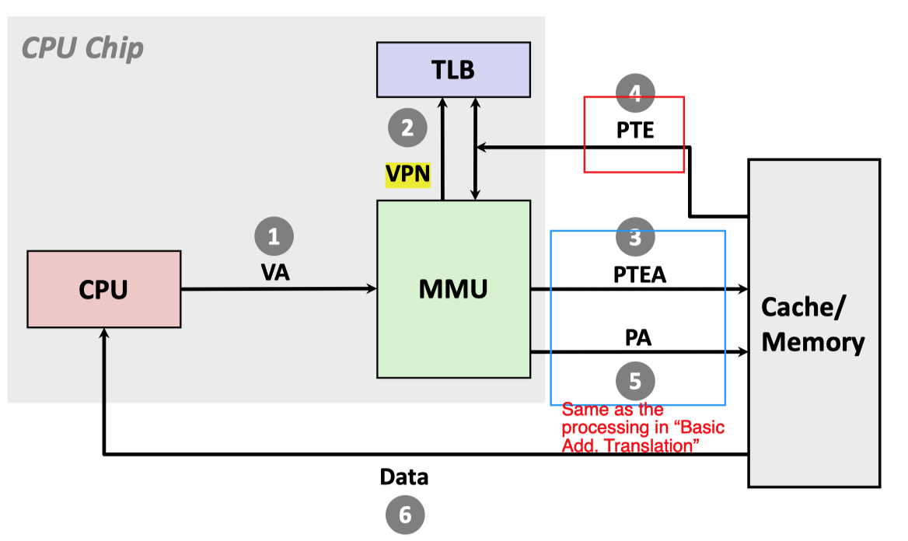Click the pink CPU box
pyautogui.click(x=103, y=288)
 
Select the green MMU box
pyautogui.click(x=453, y=288)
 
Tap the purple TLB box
pyautogui.click(x=453, y=70)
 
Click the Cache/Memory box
pyautogui.click(x=813, y=323)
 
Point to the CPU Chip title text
pyautogui.click(x=82, y=48)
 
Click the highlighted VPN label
pyautogui.click(x=408, y=174)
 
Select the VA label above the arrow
pyautogui.click(x=275, y=273)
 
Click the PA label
pyautogui.click(x=637, y=338)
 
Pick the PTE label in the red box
pyautogui.click(x=635, y=130)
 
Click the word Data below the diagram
pyautogui.click(x=404, y=476)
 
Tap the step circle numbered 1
pyautogui.click(x=274, y=236)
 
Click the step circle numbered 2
pyautogui.click(x=407, y=127)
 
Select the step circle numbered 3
pyautogui.click(x=635, y=237)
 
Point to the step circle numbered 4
pyautogui.click(x=635, y=93)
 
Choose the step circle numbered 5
pyautogui.click(x=635, y=381)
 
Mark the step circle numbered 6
pyautogui.click(x=405, y=514)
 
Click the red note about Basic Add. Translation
pyautogui.click(x=642, y=428)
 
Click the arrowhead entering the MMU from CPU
pyautogui.click(x=372, y=289)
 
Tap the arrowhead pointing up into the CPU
pyautogui.click(x=103, y=332)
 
